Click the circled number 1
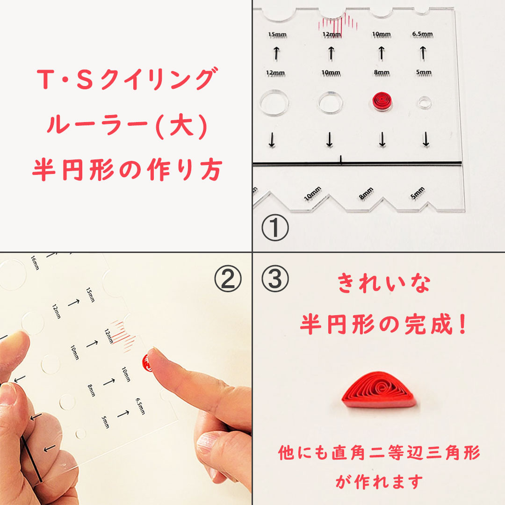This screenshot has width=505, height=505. pyautogui.click(x=275, y=227)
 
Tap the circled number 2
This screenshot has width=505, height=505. pyautogui.click(x=228, y=279)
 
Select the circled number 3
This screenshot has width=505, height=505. pyautogui.click(x=275, y=279)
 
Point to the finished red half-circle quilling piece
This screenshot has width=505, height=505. pyautogui.click(x=380, y=390)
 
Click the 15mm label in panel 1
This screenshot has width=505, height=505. pyautogui.click(x=277, y=35)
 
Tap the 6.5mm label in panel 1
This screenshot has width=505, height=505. pyautogui.click(x=423, y=34)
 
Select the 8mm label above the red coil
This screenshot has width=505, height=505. pyautogui.click(x=382, y=73)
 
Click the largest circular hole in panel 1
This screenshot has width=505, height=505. pyautogui.click(x=274, y=103)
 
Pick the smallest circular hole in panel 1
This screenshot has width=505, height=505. pyautogui.click(x=425, y=102)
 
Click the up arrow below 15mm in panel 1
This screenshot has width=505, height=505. pyautogui.click(x=276, y=53)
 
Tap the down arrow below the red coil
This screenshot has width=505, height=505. pyautogui.click(x=382, y=139)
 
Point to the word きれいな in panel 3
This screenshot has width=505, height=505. pyautogui.click(x=383, y=283)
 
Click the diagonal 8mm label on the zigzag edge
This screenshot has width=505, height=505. pyautogui.click(x=366, y=194)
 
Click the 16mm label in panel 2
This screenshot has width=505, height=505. pyautogui.click(x=35, y=263)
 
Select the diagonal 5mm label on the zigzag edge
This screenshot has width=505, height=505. pyautogui.click(x=418, y=193)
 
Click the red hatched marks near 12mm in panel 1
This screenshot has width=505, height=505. pyautogui.click(x=338, y=24)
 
